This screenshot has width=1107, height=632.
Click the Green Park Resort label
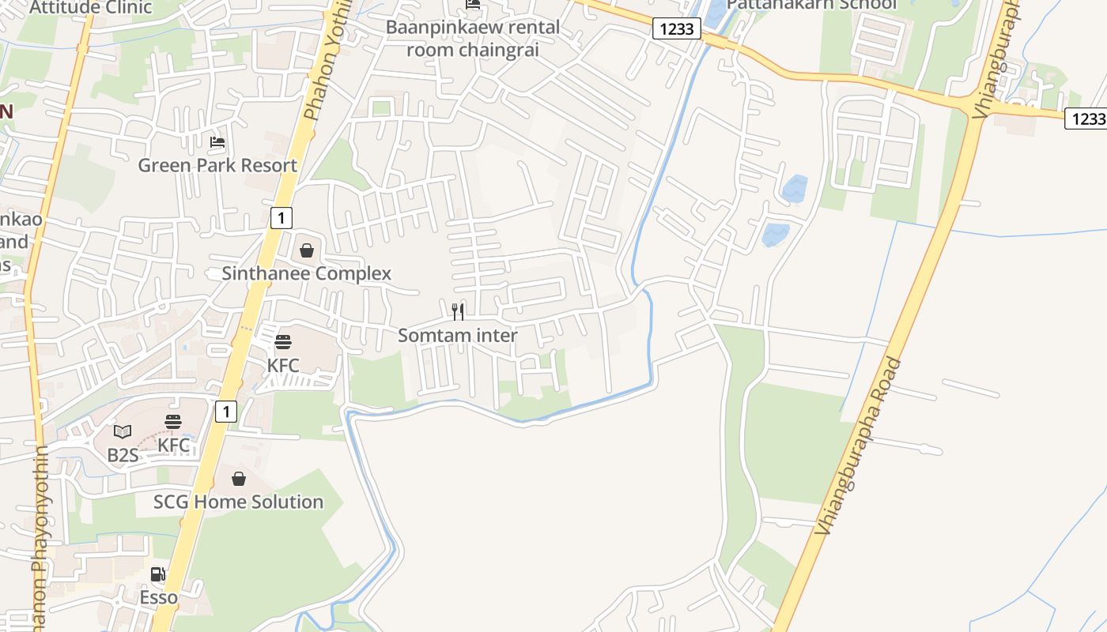[217, 165]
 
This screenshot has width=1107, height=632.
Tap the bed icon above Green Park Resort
[217, 143]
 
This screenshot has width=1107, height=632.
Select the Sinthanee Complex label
[306, 274]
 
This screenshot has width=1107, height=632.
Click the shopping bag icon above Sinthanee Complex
[307, 250]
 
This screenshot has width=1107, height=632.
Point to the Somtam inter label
[458, 335]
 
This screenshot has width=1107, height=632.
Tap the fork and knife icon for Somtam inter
[458, 311]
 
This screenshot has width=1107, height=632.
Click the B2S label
[123, 455]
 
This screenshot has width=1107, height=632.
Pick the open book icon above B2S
[123, 431]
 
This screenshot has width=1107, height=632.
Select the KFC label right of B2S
[174, 445]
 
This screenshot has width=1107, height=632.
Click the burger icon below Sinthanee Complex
[283, 342]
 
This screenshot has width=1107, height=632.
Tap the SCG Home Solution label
[238, 502]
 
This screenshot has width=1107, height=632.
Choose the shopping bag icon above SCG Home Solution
[239, 479]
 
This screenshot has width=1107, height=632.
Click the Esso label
[159, 597]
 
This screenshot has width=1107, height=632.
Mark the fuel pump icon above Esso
[158, 574]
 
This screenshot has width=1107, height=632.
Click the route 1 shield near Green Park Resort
[281, 217]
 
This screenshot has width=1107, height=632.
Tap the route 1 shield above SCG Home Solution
[226, 411]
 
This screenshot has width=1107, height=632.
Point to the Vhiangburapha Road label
[861, 447]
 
